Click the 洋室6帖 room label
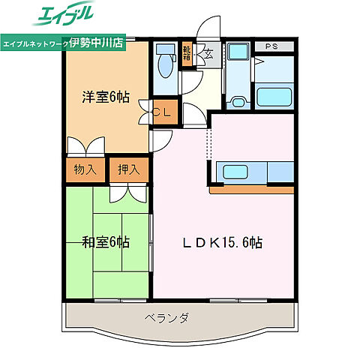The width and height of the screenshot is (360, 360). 106,97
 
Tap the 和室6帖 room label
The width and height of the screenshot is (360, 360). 106,241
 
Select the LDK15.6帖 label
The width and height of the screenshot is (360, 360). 224,242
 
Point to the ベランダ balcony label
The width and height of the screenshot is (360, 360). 166,318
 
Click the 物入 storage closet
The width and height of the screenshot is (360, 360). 85,169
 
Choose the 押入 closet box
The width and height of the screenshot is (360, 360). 128,169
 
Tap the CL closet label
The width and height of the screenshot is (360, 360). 164,112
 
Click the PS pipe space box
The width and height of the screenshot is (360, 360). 271,46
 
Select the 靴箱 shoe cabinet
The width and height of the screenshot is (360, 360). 187,53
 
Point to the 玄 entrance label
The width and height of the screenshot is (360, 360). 209,53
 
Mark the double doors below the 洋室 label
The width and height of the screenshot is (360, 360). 86,145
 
